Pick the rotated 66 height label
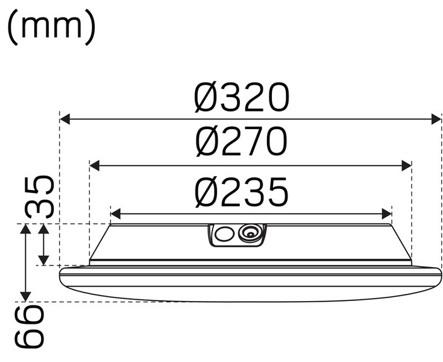tap(30, 326)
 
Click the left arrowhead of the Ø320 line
tap(64, 119)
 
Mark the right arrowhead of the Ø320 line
tap(438, 119)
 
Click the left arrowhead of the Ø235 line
tap(116, 214)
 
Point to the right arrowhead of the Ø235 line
tap(388, 214)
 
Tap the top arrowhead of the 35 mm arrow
tap(43, 229)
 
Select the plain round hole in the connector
tap(225, 235)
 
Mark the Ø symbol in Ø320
tap(207, 98)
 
